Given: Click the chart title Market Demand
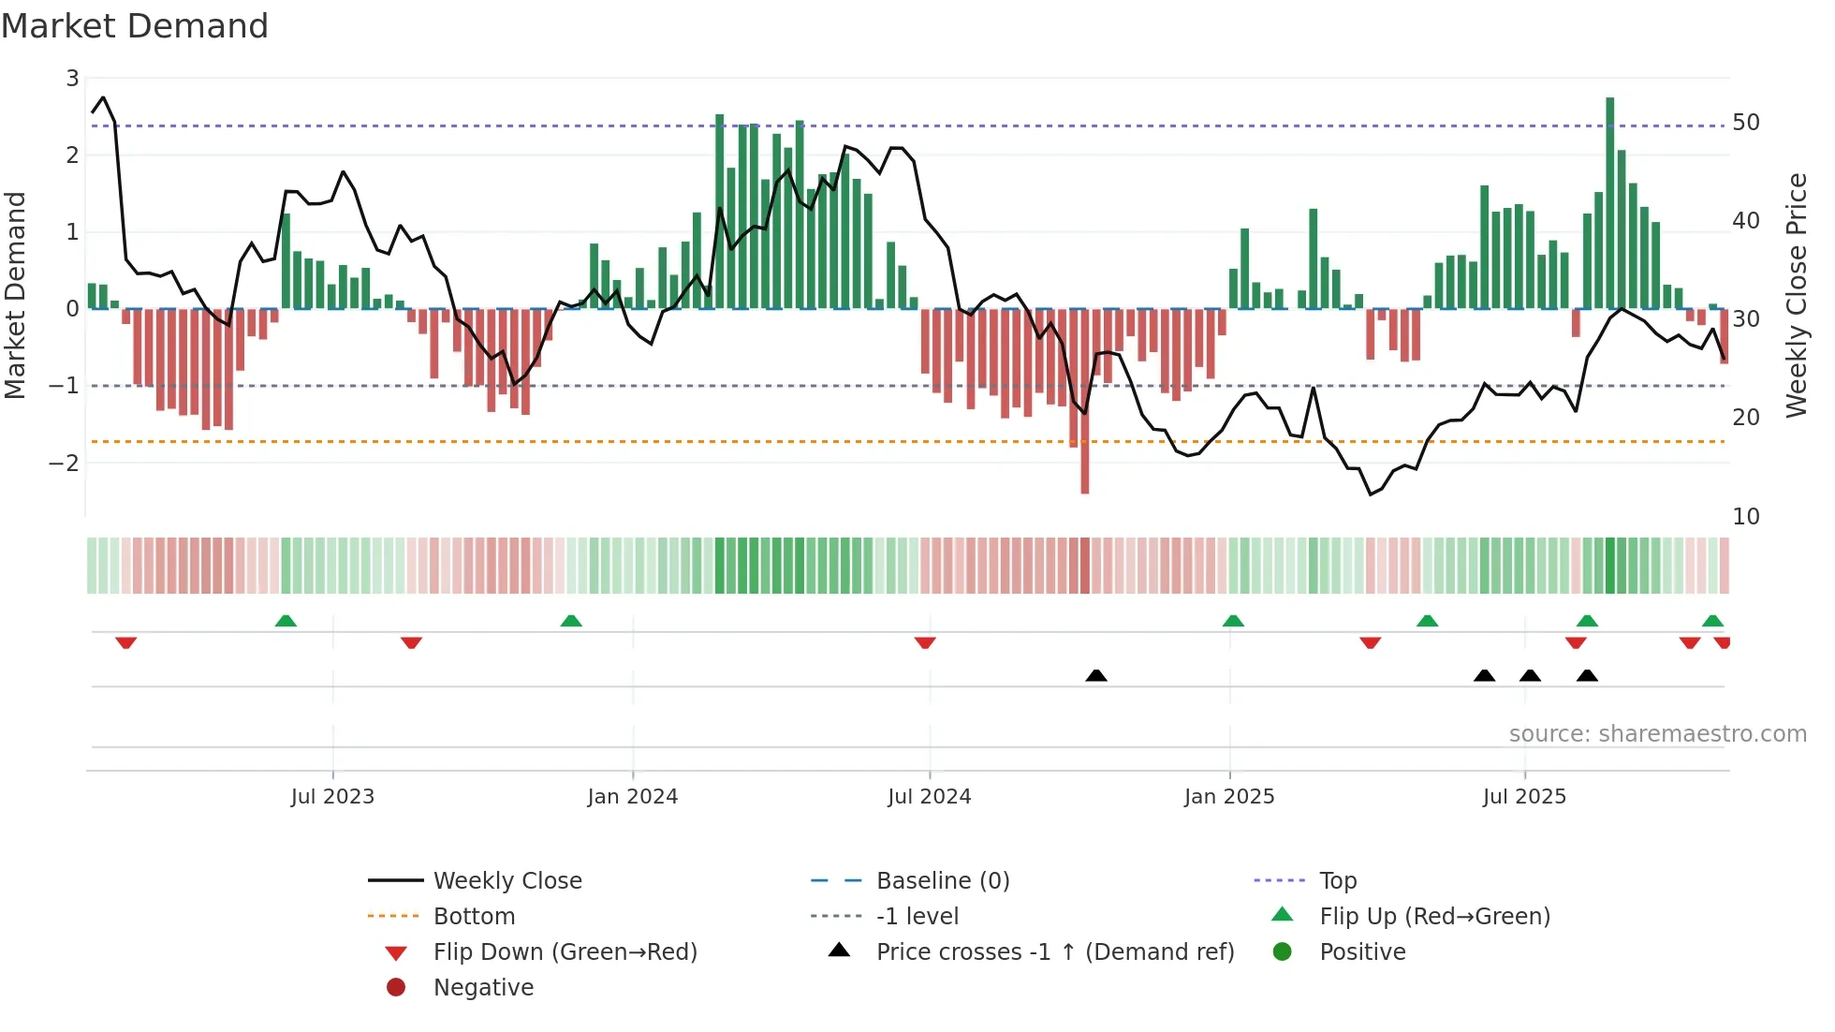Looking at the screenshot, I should coord(135,26).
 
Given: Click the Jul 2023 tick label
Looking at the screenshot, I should coord(332,797).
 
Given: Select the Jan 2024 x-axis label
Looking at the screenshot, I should coord(632,797).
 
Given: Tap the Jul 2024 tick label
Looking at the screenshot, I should coord(929,797).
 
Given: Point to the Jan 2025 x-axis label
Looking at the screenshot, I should coord(1228,797).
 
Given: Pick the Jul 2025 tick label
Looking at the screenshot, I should coord(1524,797).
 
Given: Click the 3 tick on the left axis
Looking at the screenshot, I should coord(72,79).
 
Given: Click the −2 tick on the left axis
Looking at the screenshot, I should coord(64,463).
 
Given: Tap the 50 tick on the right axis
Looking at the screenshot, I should coord(1745,123).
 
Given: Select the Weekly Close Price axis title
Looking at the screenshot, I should coord(1796,295).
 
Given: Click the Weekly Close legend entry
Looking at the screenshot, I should coord(506,881).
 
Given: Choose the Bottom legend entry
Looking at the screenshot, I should coord(474,917).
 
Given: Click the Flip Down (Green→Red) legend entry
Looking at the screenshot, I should coord(565,952).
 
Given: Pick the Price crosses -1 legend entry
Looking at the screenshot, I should coord(1054,952).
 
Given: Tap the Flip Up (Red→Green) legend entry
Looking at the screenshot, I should coord(1434,917).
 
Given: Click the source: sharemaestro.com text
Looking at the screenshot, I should coord(1657,734).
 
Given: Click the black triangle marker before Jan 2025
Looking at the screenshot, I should coord(1096,675).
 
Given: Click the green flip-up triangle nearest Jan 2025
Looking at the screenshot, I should coord(1233,621).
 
